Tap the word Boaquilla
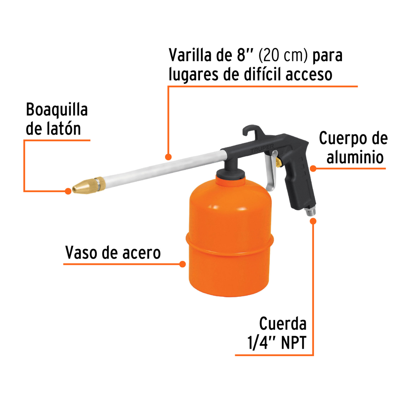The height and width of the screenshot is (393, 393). click(x=57, y=110)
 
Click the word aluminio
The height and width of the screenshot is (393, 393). click(x=355, y=157)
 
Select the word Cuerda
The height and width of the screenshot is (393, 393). click(x=283, y=324)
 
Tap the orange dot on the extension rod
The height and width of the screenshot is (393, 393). click(x=168, y=157)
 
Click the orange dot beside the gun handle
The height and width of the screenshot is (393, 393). click(x=313, y=169)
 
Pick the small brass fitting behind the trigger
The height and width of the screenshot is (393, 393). click(x=278, y=161)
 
